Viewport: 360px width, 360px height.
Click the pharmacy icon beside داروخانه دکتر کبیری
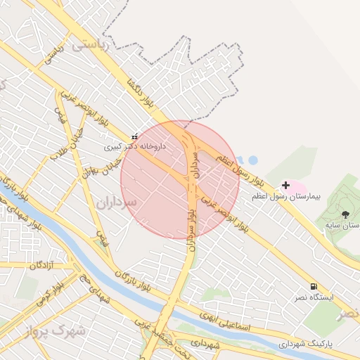pyautogui.click(x=134, y=136)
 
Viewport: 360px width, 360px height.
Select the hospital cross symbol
pyautogui.click(x=285, y=186)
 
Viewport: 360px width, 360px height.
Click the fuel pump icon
pyautogui.click(x=313, y=286)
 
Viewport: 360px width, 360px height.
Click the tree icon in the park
pyautogui.click(x=345, y=214)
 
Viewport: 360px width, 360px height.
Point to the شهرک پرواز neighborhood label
pyautogui.click(x=58, y=329)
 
